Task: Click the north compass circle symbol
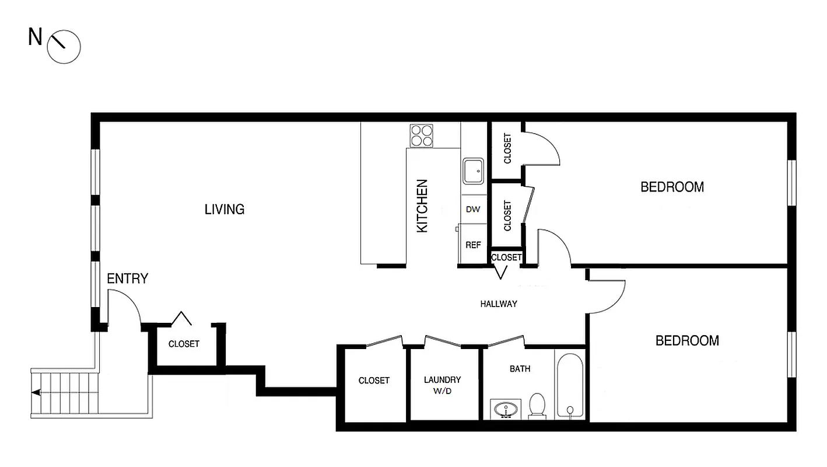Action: click(x=63, y=46)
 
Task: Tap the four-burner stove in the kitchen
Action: click(x=422, y=135)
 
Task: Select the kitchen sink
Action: click(x=473, y=171)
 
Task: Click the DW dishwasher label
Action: click(x=473, y=209)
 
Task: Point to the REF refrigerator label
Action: click(x=473, y=245)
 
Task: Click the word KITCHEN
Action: click(x=422, y=206)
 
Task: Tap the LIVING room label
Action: click(x=224, y=209)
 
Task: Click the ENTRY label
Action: click(x=127, y=278)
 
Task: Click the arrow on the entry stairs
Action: click(x=36, y=393)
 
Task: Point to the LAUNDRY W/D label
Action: click(x=442, y=385)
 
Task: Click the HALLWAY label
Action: click(x=499, y=304)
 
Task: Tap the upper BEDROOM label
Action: click(x=672, y=187)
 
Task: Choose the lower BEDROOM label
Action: click(x=687, y=340)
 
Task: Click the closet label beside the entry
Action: click(x=184, y=344)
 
